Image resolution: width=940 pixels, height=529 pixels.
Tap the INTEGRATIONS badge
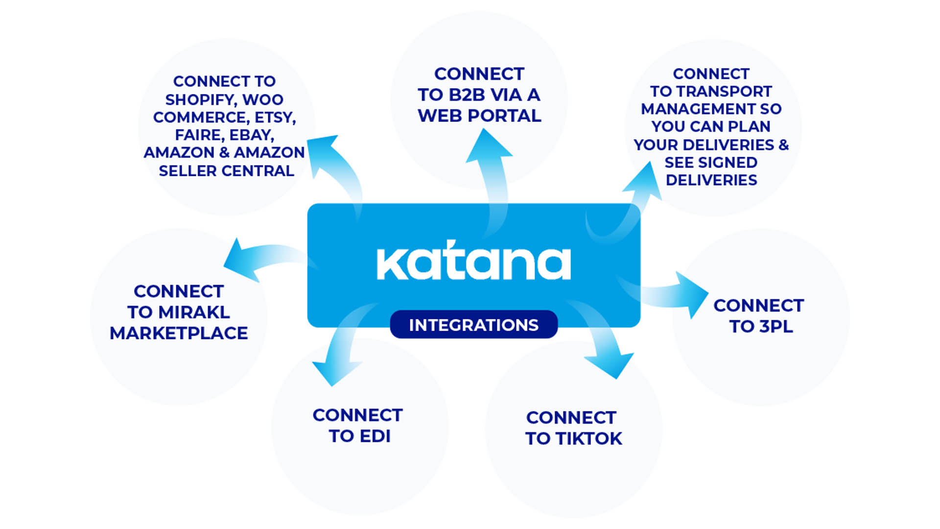pos(473,325)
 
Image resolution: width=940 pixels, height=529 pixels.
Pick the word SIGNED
pos(728,162)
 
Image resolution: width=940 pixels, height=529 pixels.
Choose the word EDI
pos(375,436)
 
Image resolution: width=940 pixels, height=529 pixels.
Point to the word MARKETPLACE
pos(179,333)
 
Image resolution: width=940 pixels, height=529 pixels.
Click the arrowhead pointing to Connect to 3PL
pos(694,295)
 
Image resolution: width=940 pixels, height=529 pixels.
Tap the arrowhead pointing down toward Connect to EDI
pos(334,371)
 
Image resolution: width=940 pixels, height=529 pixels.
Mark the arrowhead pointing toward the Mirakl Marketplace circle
pos(240,260)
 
